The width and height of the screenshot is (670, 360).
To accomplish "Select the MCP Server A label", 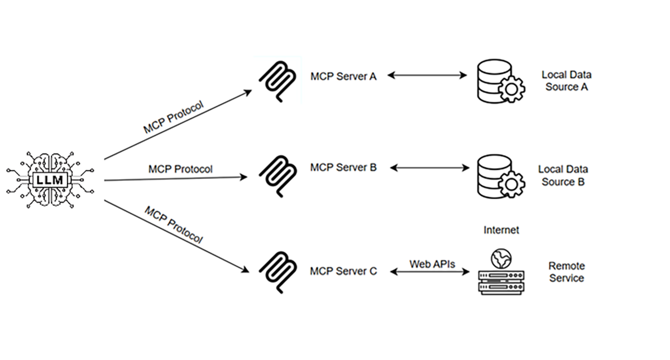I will (x=343, y=76).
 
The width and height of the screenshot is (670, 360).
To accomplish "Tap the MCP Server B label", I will (x=343, y=167).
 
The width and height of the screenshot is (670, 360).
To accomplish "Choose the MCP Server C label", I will (x=343, y=271).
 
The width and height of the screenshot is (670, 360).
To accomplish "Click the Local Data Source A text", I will (x=566, y=81).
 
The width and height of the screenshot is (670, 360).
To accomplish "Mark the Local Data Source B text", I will (x=563, y=175).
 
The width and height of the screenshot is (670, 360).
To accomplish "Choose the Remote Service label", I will (x=566, y=272).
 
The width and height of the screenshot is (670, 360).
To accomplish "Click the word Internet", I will (x=501, y=230).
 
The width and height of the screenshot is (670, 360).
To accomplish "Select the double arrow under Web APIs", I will (x=429, y=272).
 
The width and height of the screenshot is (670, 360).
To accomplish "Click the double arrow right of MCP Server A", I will (x=427, y=75).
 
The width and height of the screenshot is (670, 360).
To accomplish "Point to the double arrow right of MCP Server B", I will (x=430, y=167).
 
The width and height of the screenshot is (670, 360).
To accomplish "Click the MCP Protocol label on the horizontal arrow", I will (x=180, y=169).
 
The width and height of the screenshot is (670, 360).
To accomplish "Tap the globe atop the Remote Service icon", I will (x=501, y=257).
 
